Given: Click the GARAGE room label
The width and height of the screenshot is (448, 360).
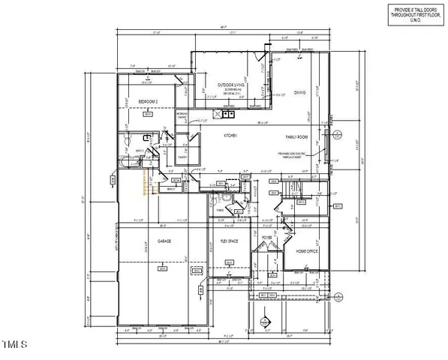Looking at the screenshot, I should click(x=164, y=241).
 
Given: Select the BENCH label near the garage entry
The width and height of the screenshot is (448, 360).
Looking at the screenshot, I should click(x=171, y=190).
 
